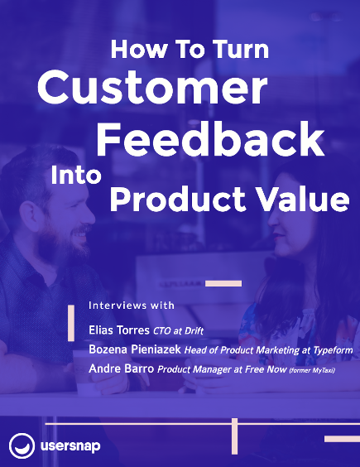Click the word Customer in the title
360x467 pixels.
pyautogui.click(x=152, y=87)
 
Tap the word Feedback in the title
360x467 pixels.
pyautogui.click(x=210, y=140)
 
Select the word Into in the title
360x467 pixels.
pyautogui.click(x=76, y=175)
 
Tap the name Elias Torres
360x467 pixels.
pyautogui.click(x=119, y=330)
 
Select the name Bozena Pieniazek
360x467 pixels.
pyautogui.click(x=135, y=349)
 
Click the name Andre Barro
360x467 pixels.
pyautogui.click(x=121, y=368)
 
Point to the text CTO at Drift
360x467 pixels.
pyautogui.click(x=178, y=331)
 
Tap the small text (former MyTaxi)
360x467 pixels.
pyautogui.click(x=312, y=370)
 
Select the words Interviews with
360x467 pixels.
pyautogui.click(x=132, y=306)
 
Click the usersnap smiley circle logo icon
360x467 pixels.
pyautogui.click(x=22, y=445)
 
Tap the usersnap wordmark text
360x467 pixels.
pyautogui.click(x=70, y=446)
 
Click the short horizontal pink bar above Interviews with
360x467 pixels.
pyautogui.click(x=223, y=283)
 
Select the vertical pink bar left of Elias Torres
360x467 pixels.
pyautogui.click(x=71, y=323)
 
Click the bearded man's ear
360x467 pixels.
pyautogui.click(x=30, y=217)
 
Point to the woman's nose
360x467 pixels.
pyautogui.click(x=273, y=221)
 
